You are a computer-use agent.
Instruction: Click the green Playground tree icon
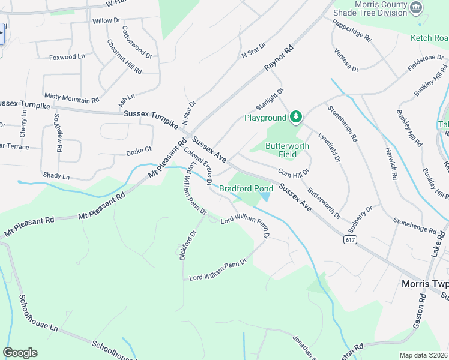(x=295, y=116)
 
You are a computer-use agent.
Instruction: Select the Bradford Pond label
(x=246, y=188)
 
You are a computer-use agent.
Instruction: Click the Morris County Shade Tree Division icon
(x=415, y=7)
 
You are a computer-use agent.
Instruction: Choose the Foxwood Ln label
(x=66, y=58)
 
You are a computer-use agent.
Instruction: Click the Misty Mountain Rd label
(x=71, y=98)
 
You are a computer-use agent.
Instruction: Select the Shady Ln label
(x=56, y=177)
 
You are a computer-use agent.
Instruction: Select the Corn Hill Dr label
(x=294, y=172)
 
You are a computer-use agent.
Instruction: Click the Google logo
(x=20, y=353)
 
